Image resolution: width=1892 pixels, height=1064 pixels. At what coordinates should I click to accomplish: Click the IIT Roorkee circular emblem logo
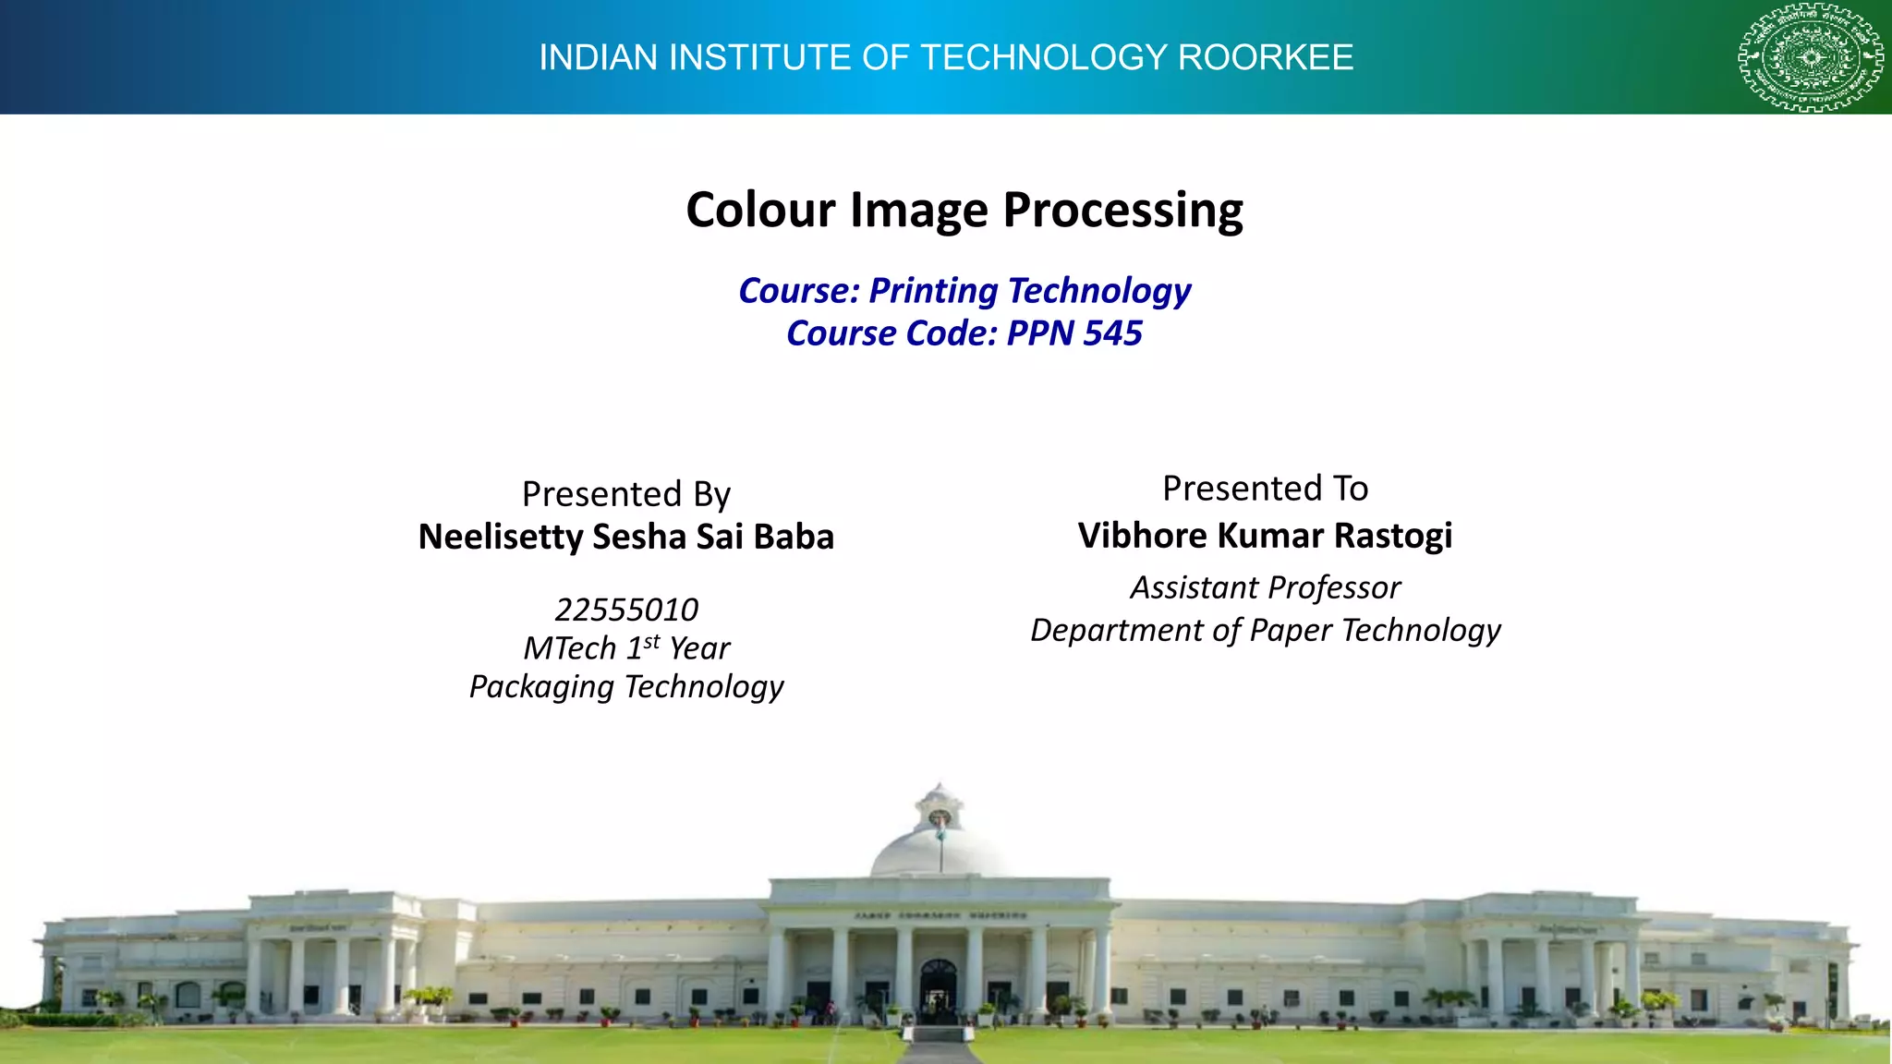pyautogui.click(x=1811, y=57)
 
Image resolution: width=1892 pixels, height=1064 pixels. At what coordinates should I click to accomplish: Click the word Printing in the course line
pyautogui.click(x=933, y=291)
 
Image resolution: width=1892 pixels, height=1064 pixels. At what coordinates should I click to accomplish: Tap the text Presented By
pyautogui.click(x=625, y=494)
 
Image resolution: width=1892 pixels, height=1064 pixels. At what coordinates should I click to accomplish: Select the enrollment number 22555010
pyautogui.click(x=625, y=610)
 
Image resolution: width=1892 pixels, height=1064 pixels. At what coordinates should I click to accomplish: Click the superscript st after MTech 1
pyautogui.click(x=651, y=641)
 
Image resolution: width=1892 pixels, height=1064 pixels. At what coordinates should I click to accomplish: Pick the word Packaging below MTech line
pyautogui.click(x=541, y=687)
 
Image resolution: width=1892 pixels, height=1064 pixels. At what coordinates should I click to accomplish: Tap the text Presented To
pyautogui.click(x=1265, y=489)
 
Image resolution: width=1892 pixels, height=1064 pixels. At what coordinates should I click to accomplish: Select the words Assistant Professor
pyautogui.click(x=1265, y=587)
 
